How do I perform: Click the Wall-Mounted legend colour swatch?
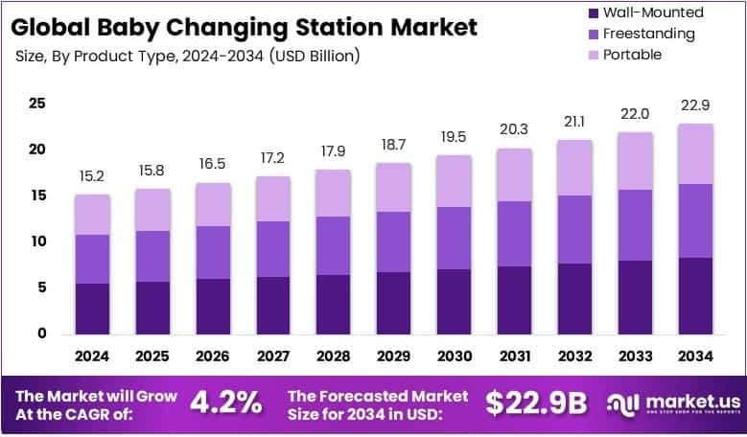pyautogui.click(x=591, y=12)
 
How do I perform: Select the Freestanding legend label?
pyautogui.click(x=649, y=34)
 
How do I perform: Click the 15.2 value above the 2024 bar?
pyautogui.click(x=92, y=175)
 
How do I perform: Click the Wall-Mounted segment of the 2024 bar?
pyautogui.click(x=92, y=308)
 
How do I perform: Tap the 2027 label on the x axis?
pyautogui.click(x=272, y=356)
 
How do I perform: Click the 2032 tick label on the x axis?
pyautogui.click(x=573, y=356)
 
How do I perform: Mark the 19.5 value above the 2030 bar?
pyautogui.click(x=454, y=136)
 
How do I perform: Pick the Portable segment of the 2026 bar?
pyautogui.click(x=213, y=204)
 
